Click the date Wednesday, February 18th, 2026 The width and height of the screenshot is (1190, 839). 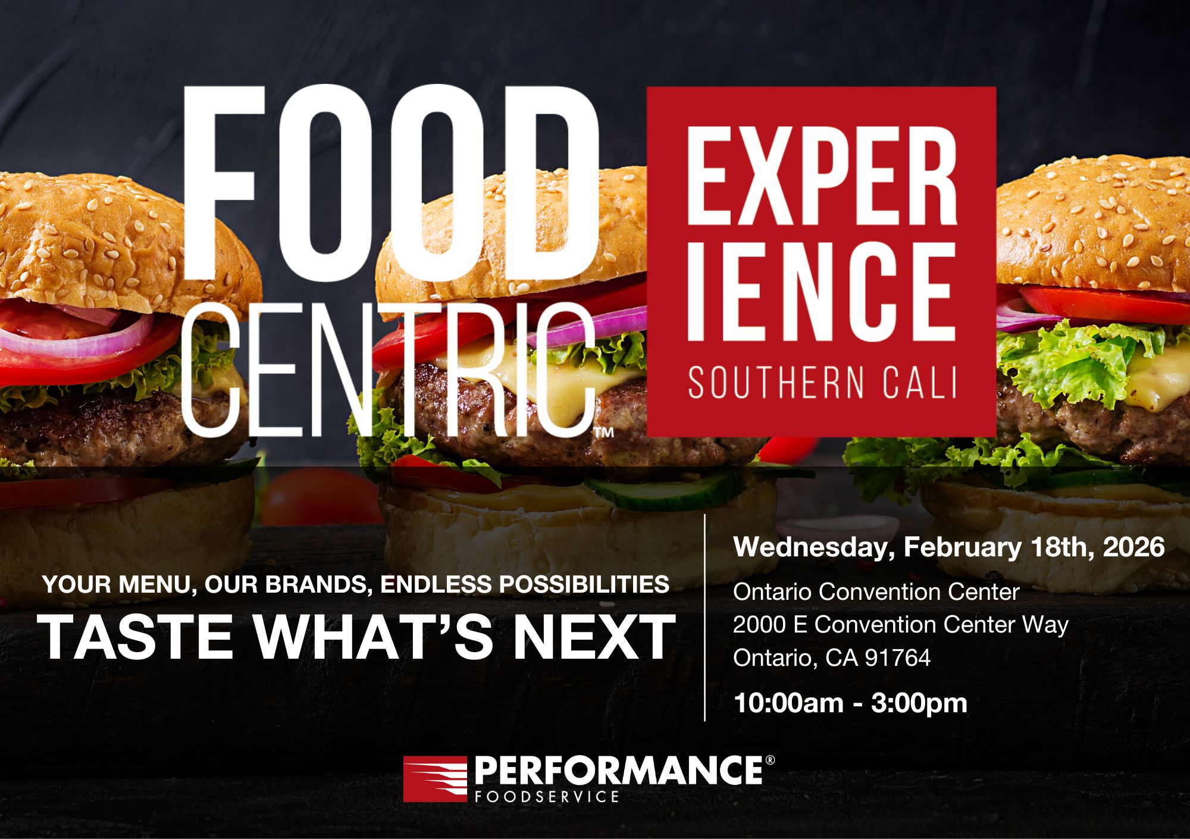(x=949, y=547)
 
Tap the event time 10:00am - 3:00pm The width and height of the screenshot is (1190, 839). (x=851, y=703)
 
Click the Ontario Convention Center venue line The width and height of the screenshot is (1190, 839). (x=876, y=591)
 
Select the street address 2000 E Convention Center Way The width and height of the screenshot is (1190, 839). (x=901, y=625)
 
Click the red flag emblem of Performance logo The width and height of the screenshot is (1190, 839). (x=435, y=779)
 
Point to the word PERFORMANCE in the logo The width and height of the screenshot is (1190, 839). (x=618, y=770)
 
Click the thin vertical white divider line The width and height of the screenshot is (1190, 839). (x=704, y=618)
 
